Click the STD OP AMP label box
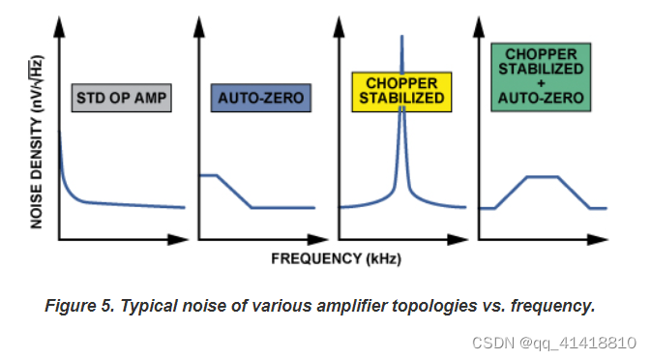pos(122,98)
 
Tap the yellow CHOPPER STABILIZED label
pos(401,90)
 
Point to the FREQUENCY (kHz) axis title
pos(336,258)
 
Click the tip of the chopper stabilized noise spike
pos(400,37)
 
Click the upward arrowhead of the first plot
pos(60,25)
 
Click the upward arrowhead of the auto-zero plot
pos(199,25)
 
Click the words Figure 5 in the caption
pos(76,306)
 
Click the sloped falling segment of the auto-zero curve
pos(234,192)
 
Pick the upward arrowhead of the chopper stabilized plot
pos(340,25)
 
